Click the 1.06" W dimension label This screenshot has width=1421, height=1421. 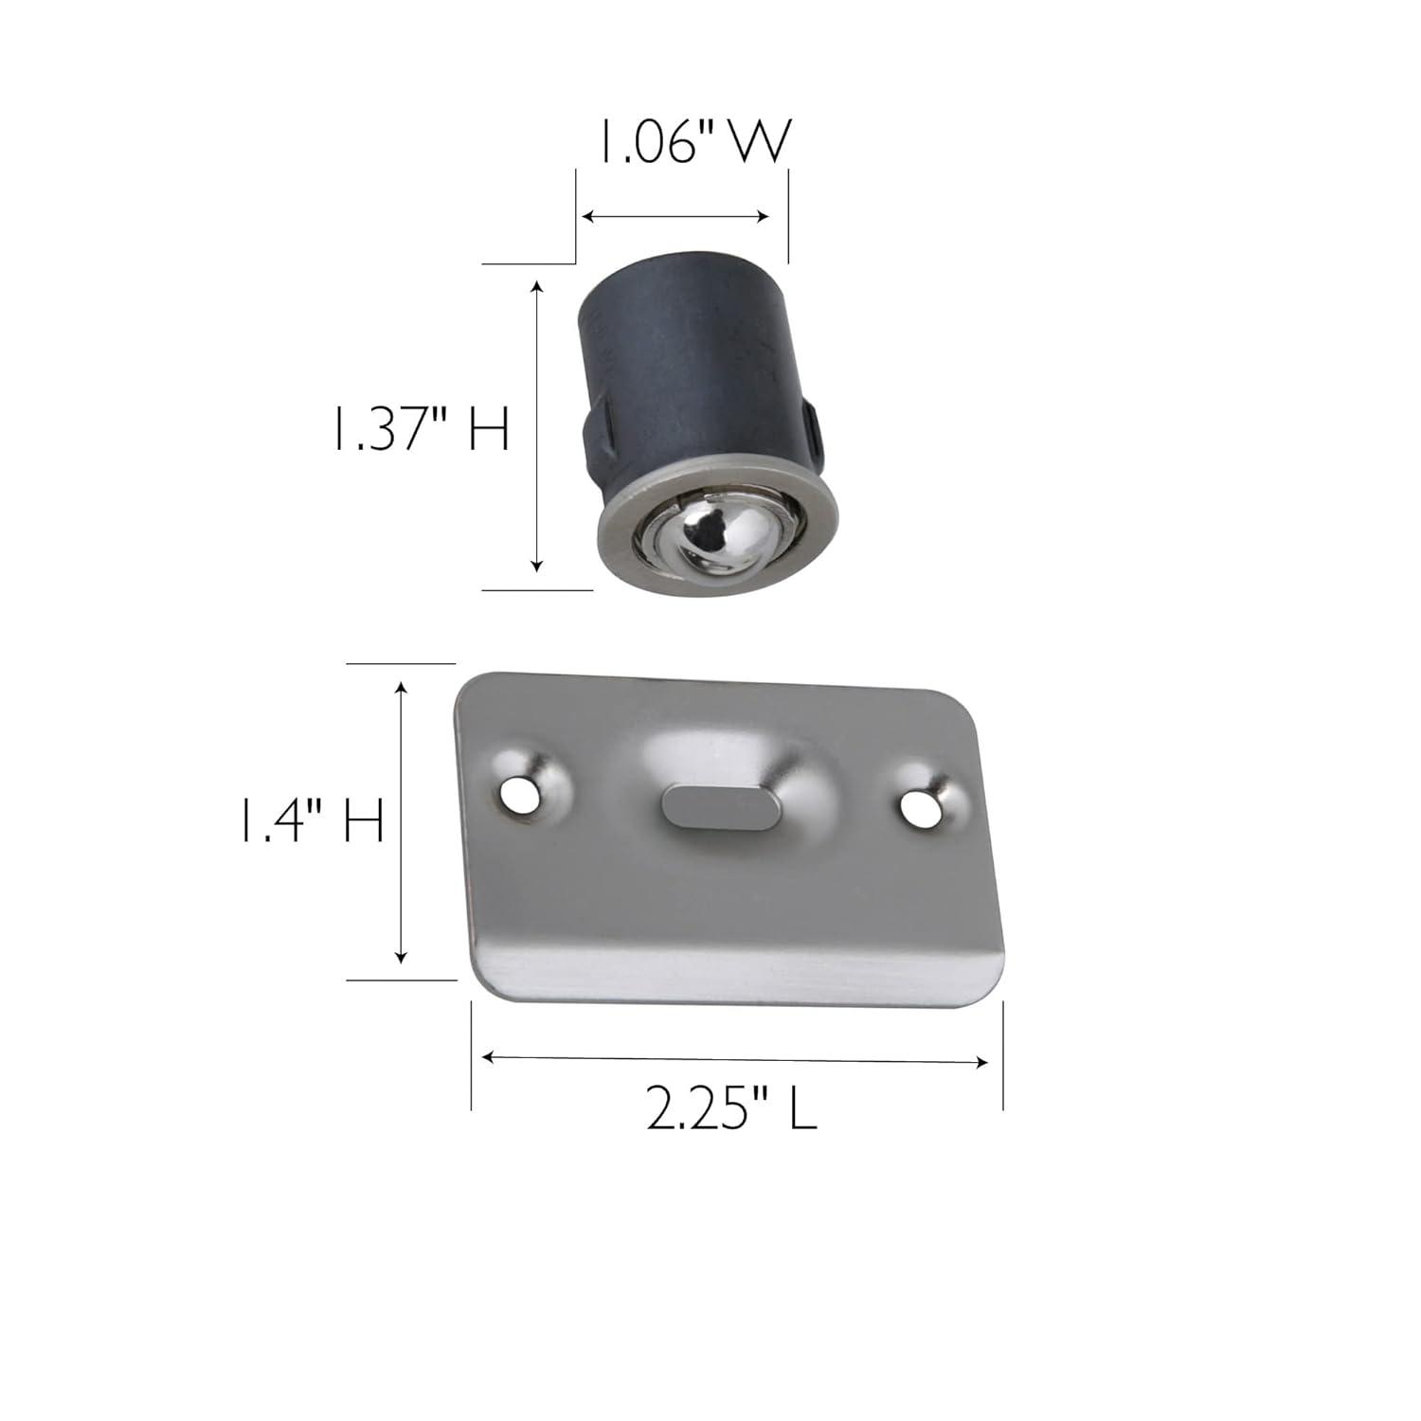coord(692,145)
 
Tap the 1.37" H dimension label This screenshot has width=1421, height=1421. coord(419,429)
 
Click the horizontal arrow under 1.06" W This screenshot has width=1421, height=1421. coord(675,217)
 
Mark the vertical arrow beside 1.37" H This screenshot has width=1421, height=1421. coord(537,426)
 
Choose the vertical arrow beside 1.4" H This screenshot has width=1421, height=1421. coord(402,821)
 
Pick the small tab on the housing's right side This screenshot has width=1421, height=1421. coord(811,424)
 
